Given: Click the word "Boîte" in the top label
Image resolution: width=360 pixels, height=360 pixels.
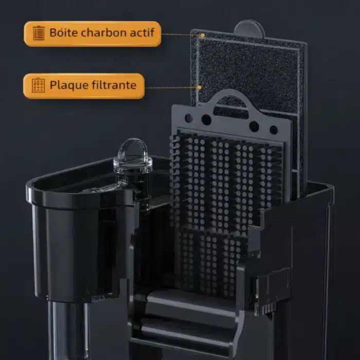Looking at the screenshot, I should coord(61,33).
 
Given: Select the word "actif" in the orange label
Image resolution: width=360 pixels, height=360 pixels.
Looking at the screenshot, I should coord(140,33).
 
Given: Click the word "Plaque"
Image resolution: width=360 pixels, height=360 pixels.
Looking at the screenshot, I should coord(65,85).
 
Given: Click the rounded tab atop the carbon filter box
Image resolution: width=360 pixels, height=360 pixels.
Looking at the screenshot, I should coord(249,29).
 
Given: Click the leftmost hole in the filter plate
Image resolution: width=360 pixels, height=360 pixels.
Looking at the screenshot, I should coord(189,118).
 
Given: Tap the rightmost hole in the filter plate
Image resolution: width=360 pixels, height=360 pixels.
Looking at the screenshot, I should coord(274,130).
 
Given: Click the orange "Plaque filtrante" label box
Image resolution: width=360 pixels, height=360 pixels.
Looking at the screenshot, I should coord(84,85).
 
